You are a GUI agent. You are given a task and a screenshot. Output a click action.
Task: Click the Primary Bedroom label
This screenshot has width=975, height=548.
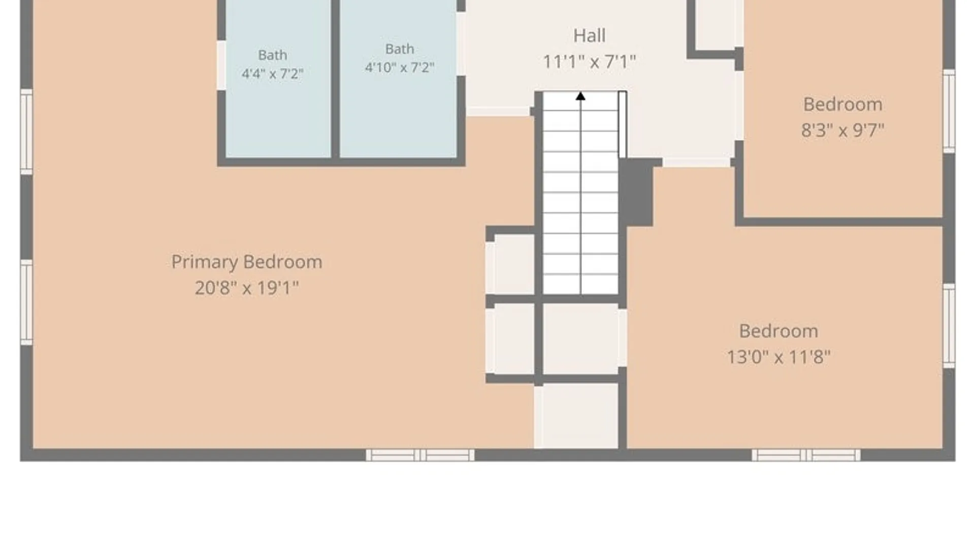pyautogui.click(x=247, y=262)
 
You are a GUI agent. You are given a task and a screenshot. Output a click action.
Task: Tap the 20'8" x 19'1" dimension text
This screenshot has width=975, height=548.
pyautogui.click(x=247, y=288)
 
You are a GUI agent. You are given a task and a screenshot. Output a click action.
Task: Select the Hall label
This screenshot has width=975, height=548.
pyautogui.click(x=589, y=36)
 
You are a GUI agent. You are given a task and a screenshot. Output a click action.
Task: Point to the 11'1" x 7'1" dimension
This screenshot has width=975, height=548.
pyautogui.click(x=589, y=62)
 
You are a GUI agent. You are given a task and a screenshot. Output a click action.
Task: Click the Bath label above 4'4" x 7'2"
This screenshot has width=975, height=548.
pyautogui.click(x=273, y=55)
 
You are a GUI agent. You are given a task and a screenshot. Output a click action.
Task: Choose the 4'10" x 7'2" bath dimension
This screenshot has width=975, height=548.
pyautogui.click(x=400, y=67)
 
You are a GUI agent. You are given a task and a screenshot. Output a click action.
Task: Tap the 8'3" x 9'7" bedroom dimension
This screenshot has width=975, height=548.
pyautogui.click(x=842, y=130)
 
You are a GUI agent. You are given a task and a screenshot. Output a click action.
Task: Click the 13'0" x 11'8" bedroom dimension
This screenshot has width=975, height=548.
pyautogui.click(x=778, y=357)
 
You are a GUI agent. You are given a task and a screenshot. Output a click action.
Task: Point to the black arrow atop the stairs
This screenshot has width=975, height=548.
pyautogui.click(x=580, y=96)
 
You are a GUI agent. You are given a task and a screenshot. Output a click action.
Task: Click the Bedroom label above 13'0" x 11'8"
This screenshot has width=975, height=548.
pyautogui.click(x=778, y=331)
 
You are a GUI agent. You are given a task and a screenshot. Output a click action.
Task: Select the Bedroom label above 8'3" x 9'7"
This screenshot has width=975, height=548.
pyautogui.click(x=842, y=105)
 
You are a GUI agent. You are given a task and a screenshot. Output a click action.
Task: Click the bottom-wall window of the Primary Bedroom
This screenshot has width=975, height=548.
pyautogui.click(x=420, y=455)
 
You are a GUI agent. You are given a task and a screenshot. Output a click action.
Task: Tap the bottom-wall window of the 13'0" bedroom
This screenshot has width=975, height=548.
pyautogui.click(x=806, y=455)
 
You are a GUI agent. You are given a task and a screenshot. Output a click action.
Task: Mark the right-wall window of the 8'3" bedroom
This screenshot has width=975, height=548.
pyautogui.click(x=949, y=111)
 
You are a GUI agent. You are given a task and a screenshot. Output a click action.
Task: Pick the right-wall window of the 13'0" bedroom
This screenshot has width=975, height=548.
pyautogui.click(x=949, y=326)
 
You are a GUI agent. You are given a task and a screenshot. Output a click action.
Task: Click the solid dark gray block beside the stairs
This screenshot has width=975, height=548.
pyautogui.click(x=636, y=193)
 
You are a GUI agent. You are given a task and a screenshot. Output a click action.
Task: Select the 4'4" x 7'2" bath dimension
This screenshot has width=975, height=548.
pyautogui.click(x=273, y=74)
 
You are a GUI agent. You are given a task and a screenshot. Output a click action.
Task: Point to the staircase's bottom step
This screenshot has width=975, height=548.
pyautogui.click(x=580, y=284)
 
